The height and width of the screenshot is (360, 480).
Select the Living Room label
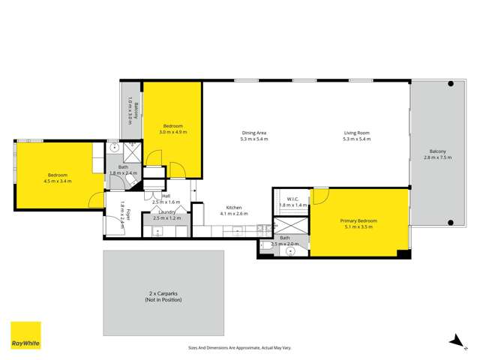(x=356, y=133)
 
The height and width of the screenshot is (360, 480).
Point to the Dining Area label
(x=253, y=133)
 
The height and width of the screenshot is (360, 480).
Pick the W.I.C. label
(x=288, y=199)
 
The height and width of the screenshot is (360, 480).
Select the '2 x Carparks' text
(x=163, y=294)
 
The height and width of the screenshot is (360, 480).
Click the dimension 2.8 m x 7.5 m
(x=438, y=157)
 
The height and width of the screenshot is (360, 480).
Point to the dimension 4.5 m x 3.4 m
(x=58, y=181)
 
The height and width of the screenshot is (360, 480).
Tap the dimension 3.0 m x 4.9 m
(x=172, y=132)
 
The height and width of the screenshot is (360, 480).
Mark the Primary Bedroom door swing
(x=319, y=195)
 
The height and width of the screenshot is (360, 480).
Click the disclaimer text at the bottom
(x=240, y=347)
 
